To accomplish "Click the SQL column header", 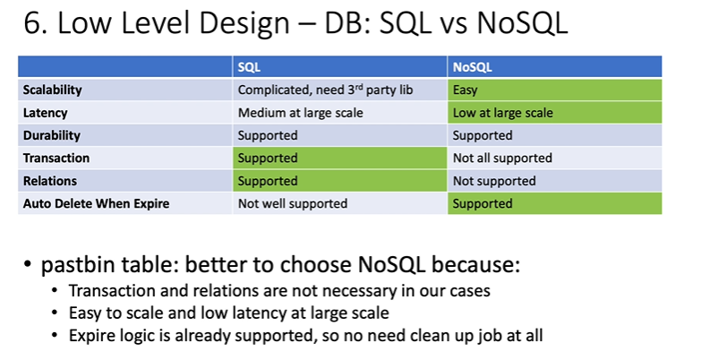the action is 249,67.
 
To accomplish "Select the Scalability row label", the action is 52,90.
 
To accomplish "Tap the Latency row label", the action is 45,113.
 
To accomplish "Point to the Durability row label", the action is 52,135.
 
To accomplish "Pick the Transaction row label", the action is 56,158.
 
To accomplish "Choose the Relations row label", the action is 50,181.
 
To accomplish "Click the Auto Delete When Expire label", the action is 96,203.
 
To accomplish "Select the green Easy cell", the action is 554,90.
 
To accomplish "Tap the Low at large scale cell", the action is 554,113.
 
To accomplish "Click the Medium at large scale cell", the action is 340,113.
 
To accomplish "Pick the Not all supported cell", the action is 554,158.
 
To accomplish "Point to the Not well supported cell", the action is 340,203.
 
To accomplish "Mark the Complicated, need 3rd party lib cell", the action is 340,90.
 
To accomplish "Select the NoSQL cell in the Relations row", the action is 554,181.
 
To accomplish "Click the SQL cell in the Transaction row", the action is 340,158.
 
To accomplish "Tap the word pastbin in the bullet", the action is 73,265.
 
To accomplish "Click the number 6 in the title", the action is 32,22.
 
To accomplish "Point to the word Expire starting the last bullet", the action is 93,336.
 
